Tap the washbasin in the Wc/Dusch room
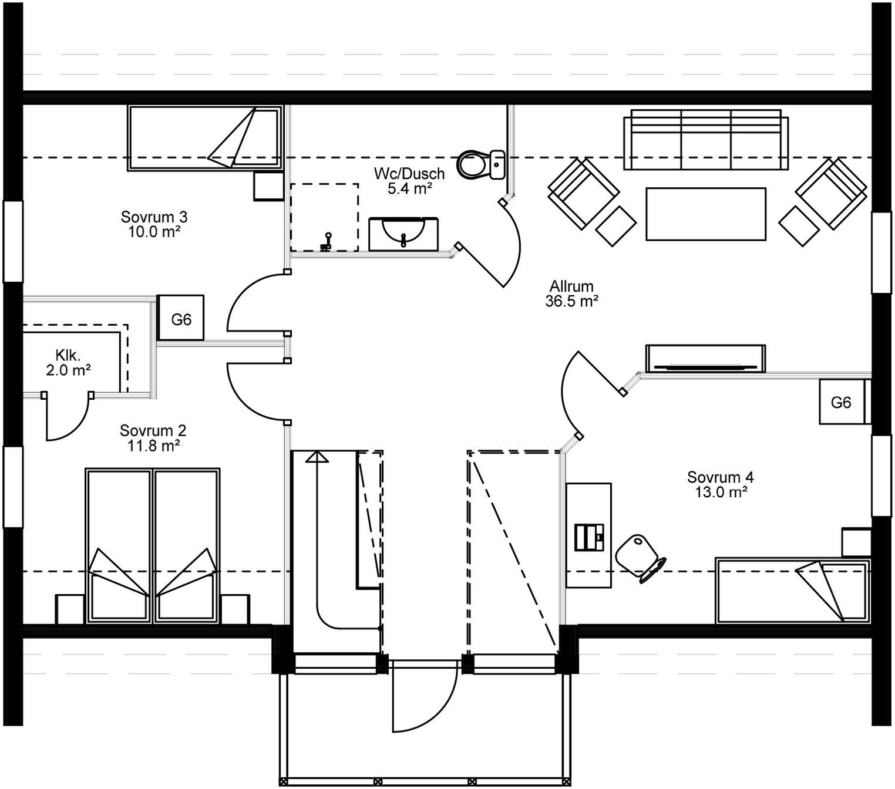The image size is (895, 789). pos(403,233)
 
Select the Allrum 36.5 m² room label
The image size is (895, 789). pos(571,294)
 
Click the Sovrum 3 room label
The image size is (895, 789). pos(154,224)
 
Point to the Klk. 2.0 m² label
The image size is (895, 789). pos(68,363)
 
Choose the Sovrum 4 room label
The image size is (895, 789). pos(721,484)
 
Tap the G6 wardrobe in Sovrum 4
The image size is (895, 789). pos(841,402)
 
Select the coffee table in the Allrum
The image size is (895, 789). pos(706,214)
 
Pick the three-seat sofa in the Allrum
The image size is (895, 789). pos(705,140)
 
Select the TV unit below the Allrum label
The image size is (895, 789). pos(705,359)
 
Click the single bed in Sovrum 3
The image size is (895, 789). pos(204,139)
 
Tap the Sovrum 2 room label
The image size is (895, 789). pos(153,438)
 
